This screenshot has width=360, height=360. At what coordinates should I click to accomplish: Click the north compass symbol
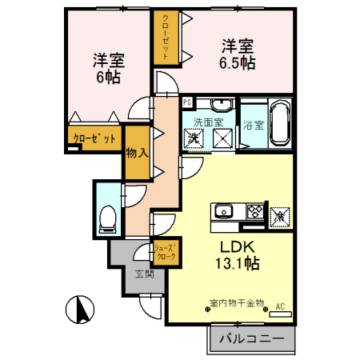click(80, 310)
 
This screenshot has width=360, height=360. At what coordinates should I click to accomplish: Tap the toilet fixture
click(108, 219)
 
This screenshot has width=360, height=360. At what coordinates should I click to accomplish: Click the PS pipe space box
click(187, 102)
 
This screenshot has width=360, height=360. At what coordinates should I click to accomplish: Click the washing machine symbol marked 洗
click(194, 138)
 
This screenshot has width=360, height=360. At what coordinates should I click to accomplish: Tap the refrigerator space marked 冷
click(280, 218)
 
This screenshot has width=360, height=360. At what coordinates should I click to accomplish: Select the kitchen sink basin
click(224, 212)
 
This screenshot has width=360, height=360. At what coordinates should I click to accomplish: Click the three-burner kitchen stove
click(255, 212)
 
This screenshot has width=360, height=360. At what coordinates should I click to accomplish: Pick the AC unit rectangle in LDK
click(280, 314)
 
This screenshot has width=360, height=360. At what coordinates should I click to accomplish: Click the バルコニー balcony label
click(252, 338)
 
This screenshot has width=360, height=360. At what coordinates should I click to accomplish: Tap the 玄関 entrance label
click(144, 274)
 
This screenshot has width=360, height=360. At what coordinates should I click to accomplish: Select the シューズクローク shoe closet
click(166, 252)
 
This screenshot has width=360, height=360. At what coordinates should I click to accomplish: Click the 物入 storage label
click(137, 153)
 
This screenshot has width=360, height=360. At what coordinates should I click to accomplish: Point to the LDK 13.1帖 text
click(238, 255)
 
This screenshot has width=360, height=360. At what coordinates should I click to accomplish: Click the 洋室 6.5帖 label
click(238, 54)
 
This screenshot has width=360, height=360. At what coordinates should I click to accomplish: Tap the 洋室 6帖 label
click(109, 69)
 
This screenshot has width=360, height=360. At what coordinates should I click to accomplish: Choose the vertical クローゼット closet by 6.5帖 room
click(166, 37)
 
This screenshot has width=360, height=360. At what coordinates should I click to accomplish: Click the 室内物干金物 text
click(237, 303)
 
